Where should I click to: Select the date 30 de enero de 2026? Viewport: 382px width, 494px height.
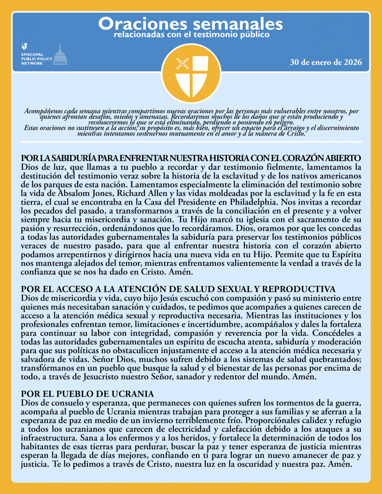click(325, 63)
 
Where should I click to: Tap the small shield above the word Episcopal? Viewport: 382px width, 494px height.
click(24, 47)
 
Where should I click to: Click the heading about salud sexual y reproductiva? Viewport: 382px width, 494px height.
click(178, 289)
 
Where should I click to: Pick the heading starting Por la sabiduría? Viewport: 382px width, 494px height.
click(191, 158)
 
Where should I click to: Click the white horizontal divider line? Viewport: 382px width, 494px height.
click(191, 141)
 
